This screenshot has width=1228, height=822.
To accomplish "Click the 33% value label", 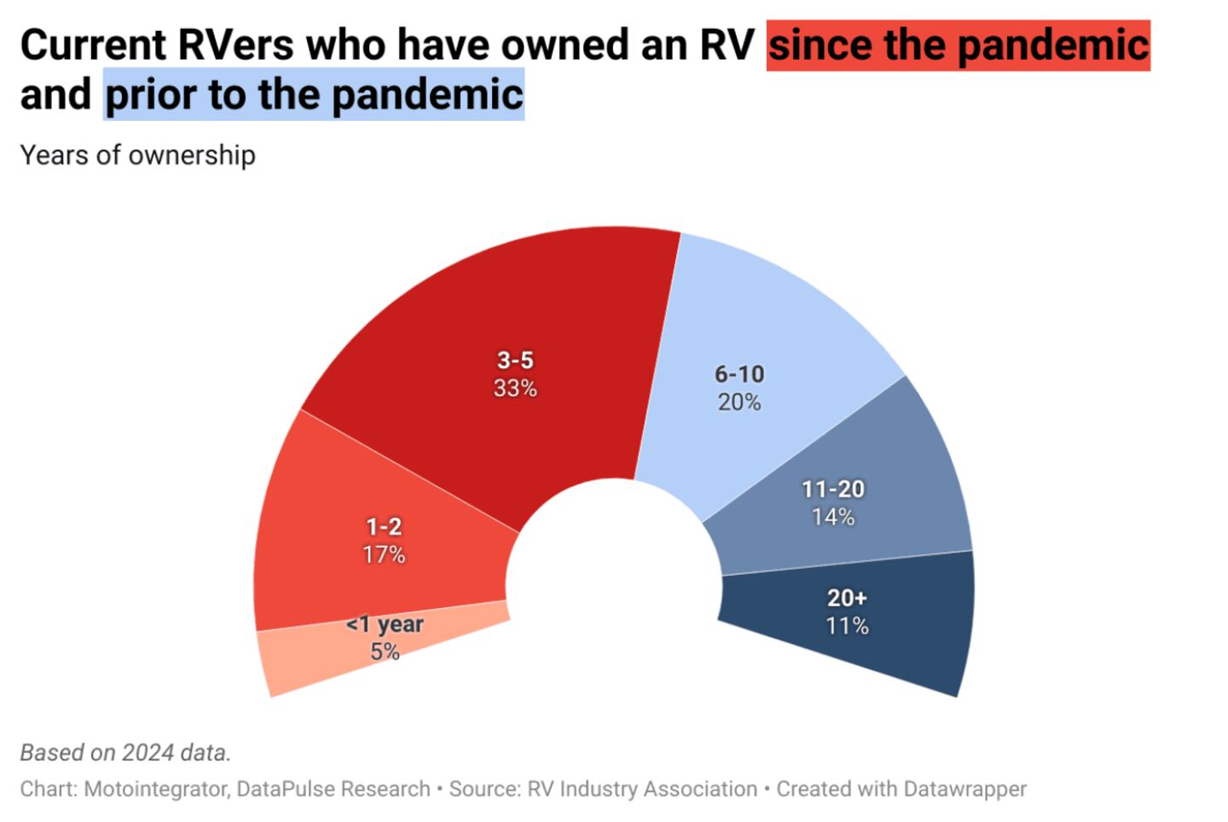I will [515, 389].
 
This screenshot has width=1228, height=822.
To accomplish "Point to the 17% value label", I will [384, 555].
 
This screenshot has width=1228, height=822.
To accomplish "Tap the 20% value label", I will [739, 402].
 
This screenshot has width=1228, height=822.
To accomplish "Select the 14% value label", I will [833, 517].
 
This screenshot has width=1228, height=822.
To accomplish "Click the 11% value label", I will [847, 626].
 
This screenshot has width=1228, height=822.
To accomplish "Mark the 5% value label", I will [385, 652].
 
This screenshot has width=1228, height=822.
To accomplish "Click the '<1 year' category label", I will [385, 624].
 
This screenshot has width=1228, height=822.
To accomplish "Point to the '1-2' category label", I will [384, 527].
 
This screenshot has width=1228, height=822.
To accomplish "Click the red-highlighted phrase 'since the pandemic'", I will [958, 44].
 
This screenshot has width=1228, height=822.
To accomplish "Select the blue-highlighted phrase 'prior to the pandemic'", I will [314, 94].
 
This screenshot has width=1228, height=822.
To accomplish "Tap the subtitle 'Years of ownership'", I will [137, 155].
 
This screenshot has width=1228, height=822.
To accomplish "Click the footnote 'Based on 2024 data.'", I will [125, 753].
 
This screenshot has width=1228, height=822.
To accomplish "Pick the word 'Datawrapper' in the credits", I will [964, 790].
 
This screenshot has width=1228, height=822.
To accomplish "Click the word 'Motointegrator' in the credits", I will [155, 790].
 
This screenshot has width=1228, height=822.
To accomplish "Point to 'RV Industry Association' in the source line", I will [642, 790].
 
